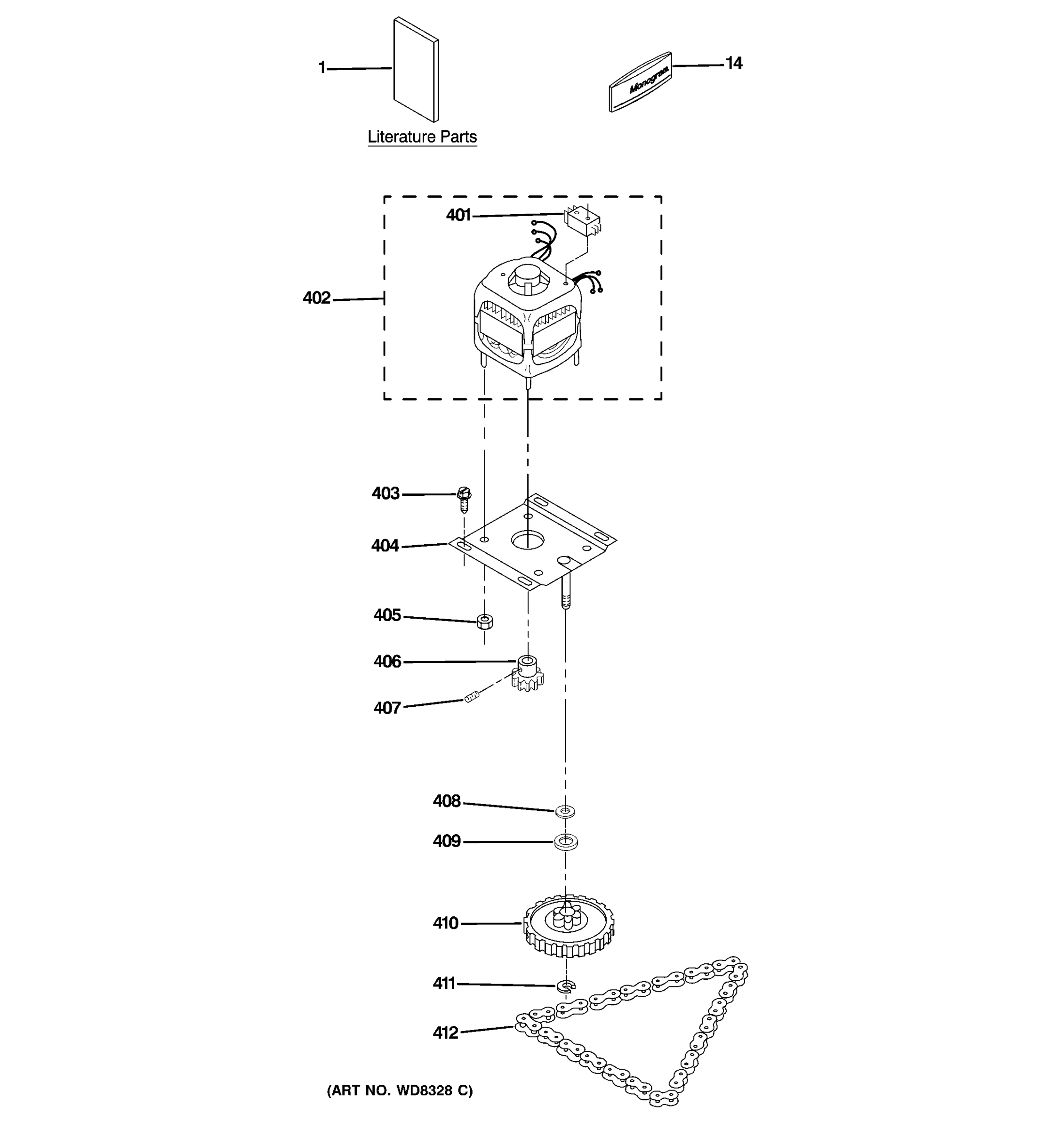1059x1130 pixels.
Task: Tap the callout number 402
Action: (x=316, y=298)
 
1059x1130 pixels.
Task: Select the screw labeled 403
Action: (x=464, y=499)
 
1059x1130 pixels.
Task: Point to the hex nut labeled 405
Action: (x=485, y=621)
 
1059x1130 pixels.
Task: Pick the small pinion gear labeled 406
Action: (x=527, y=674)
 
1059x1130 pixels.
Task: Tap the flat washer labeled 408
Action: (x=565, y=811)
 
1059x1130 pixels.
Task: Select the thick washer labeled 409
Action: (x=565, y=842)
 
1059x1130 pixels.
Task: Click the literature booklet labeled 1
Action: (x=416, y=69)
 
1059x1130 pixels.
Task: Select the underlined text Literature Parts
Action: (x=422, y=137)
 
